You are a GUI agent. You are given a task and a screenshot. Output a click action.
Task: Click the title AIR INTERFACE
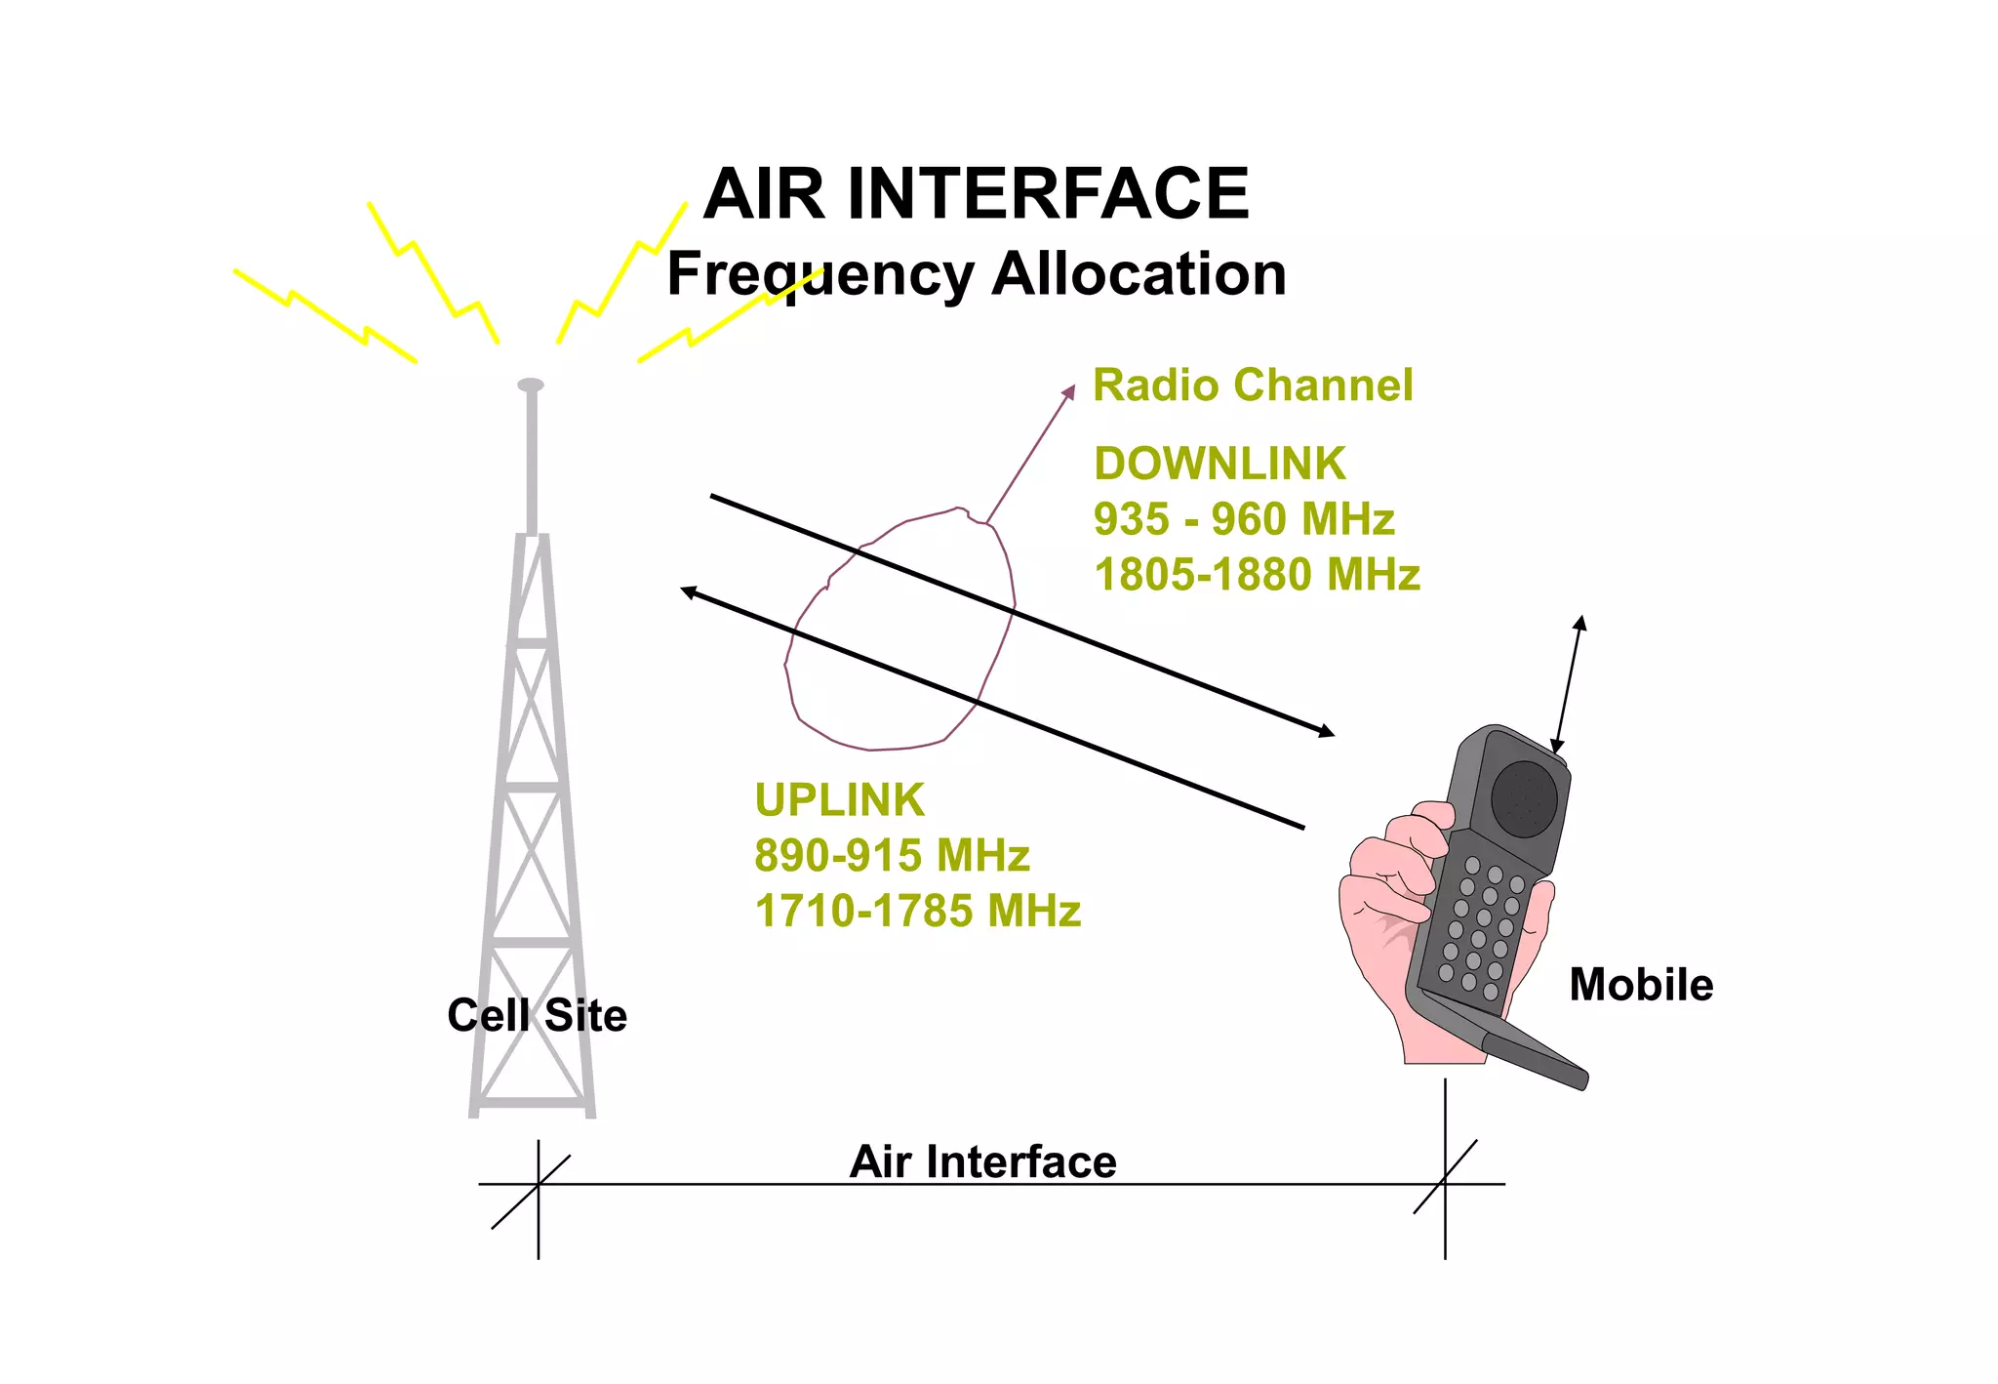[976, 193]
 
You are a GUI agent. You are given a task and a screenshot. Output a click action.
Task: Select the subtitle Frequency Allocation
[976, 274]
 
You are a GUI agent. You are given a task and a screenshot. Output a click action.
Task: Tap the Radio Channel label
[1252, 385]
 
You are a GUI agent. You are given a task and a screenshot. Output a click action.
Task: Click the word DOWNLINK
[1219, 464]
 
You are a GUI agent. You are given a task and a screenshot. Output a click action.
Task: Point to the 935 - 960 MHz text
[1244, 519]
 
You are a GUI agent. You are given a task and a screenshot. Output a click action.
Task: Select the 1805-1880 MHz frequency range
[1257, 575]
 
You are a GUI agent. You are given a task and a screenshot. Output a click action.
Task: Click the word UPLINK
[839, 800]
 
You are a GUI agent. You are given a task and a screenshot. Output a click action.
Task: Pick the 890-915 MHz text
[892, 856]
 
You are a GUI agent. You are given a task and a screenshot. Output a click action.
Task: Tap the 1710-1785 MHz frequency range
[917, 912]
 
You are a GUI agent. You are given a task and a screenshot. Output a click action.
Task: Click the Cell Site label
[537, 1015]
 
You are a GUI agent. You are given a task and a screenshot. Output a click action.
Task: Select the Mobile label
[1641, 985]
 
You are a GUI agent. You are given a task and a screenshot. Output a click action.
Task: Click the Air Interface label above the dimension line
[982, 1161]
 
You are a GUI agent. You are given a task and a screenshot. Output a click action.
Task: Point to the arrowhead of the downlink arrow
[1327, 732]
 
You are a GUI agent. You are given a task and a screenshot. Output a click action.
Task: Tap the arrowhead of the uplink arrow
[688, 591]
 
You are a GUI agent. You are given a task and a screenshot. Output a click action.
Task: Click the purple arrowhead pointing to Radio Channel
[1069, 391]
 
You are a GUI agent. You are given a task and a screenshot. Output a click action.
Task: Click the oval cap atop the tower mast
[531, 385]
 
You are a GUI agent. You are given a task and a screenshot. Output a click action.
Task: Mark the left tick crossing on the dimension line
[538, 1184]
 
